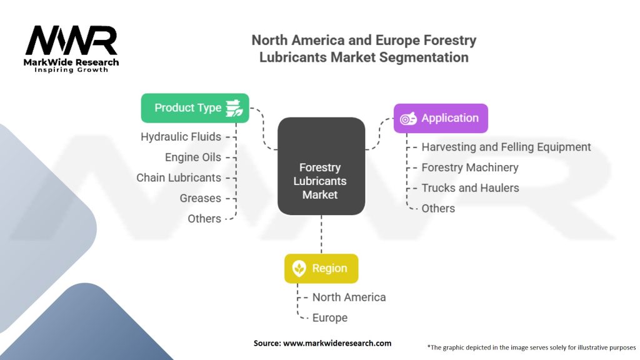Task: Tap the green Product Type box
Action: click(195, 107)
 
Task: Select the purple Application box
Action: click(441, 118)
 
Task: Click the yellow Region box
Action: click(321, 268)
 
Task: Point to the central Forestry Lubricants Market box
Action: click(321, 181)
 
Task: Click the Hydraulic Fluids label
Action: click(181, 136)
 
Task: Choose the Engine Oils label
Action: click(193, 157)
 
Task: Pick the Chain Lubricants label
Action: click(179, 177)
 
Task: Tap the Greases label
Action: click(201, 198)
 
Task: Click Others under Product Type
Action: click(204, 219)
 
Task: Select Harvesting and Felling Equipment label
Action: click(506, 147)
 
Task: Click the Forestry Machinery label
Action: click(470, 167)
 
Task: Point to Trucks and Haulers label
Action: click(470, 187)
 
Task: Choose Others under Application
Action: click(438, 208)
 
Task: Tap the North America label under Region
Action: click(349, 297)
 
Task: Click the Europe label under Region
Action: click(330, 317)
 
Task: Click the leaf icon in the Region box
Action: click(299, 269)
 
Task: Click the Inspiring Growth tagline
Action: click(71, 70)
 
